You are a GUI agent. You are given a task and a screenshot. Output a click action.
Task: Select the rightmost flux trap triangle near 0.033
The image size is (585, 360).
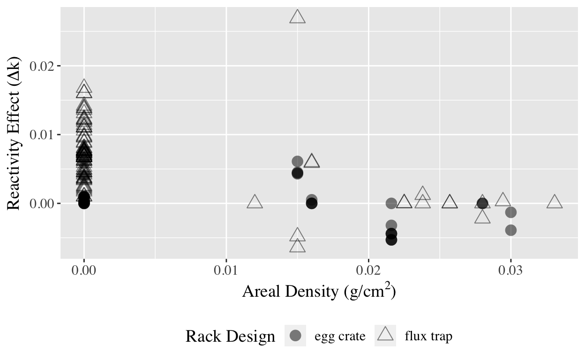tap(555, 202)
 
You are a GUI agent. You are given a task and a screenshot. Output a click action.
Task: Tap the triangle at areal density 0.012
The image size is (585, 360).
tap(255, 202)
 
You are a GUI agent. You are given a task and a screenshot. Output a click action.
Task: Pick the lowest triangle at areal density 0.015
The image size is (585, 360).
tap(297, 246)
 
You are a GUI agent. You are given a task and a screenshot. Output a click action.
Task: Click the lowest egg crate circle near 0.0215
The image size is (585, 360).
tap(391, 240)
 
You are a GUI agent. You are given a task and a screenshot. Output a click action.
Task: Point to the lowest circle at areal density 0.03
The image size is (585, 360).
tap(511, 230)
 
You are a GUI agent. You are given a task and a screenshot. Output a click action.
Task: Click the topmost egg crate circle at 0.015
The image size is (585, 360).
tap(297, 161)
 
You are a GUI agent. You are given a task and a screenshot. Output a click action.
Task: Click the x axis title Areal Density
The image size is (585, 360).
tap(319, 292)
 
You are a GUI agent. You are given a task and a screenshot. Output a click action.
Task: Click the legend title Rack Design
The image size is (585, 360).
tap(230, 336)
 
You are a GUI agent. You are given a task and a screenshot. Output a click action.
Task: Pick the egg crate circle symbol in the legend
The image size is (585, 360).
tap(295, 336)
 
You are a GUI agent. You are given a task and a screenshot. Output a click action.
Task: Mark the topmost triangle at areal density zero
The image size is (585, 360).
tap(84, 87)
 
